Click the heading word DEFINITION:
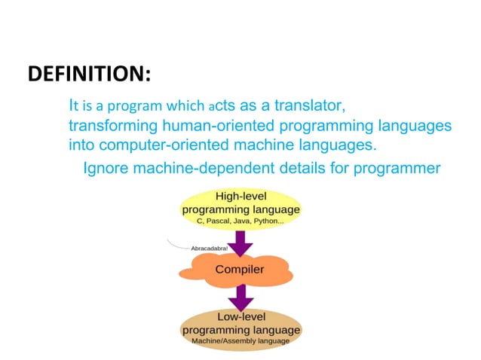[x=89, y=75]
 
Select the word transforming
[x=109, y=124]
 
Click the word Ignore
[x=106, y=167]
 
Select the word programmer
[x=399, y=167]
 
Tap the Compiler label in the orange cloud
[x=240, y=269]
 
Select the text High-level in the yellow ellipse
[x=240, y=197]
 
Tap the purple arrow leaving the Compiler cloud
[x=240, y=296]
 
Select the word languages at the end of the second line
[x=421, y=124]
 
